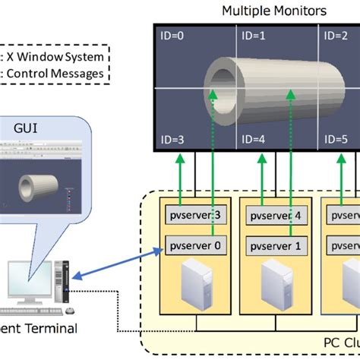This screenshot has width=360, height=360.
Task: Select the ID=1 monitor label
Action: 251,35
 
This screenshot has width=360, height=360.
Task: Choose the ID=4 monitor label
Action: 251,139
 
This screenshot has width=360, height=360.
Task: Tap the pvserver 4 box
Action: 274,215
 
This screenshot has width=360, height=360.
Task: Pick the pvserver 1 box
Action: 274,245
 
